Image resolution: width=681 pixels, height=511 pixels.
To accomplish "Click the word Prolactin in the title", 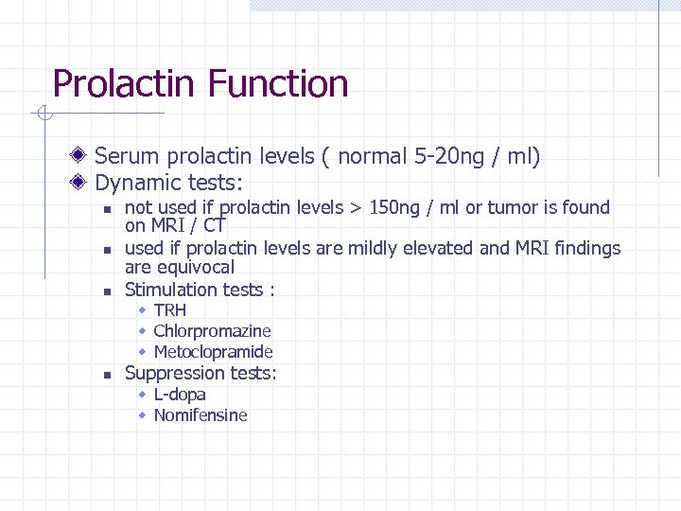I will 125,84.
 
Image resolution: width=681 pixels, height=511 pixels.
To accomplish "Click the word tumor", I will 514,207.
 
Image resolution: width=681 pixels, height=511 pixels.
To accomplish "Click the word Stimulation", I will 170,290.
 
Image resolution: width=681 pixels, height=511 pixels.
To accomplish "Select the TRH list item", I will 170,310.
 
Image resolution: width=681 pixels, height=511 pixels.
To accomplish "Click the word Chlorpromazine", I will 212,331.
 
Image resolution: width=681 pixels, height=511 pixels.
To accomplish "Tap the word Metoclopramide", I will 213,352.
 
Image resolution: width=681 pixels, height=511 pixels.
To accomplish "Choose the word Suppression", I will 174,373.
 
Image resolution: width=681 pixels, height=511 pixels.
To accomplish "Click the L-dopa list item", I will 180,394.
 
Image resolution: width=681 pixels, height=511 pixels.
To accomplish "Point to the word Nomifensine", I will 201,414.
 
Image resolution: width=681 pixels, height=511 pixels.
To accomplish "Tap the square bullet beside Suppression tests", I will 109,374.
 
